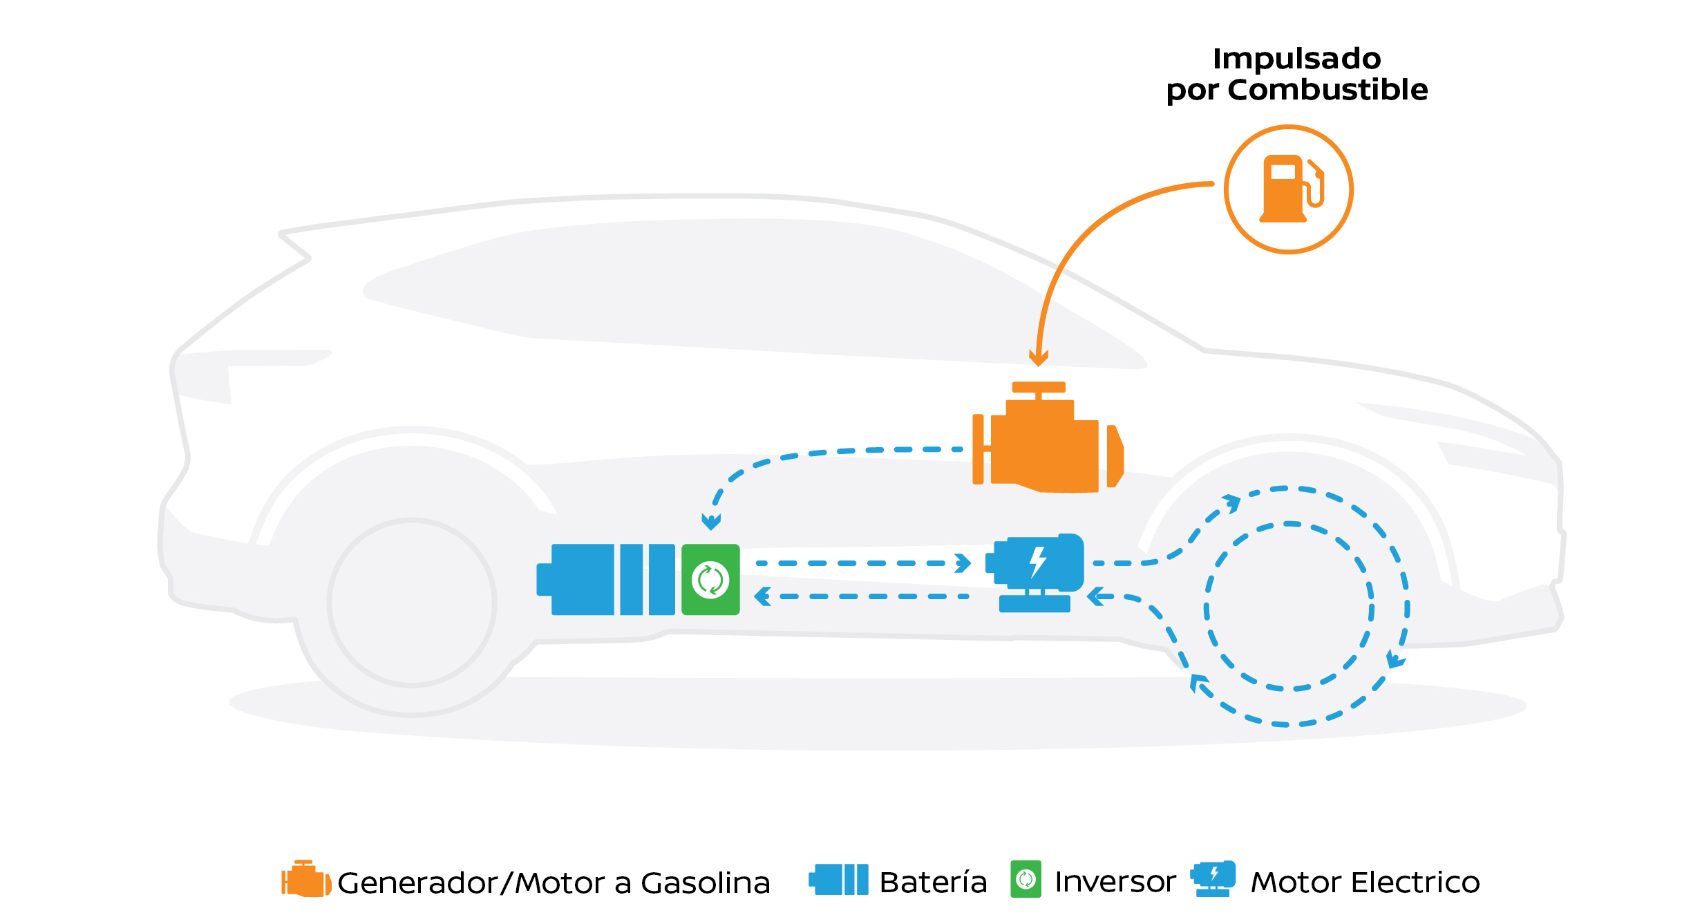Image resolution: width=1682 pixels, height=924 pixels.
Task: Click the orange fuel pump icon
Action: pos(1288,189)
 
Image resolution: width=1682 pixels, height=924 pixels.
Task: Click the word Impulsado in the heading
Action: pos(1296,59)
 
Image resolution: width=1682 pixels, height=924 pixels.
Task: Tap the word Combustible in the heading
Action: pos(1327,90)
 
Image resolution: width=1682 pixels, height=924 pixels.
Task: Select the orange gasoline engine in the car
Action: pos(1048,442)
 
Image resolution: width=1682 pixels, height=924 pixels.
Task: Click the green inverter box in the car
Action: pos(710,579)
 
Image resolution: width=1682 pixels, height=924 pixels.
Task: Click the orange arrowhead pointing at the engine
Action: pos(1038,357)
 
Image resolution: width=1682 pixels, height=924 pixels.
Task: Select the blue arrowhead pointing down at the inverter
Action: pos(711,521)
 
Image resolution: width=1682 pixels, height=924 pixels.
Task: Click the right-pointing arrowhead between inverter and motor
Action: pos(963,563)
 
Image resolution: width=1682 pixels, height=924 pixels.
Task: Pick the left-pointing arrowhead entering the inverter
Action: pos(763,596)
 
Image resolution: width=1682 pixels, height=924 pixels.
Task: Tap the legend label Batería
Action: pos(933,883)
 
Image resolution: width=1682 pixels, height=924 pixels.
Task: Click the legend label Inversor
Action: pos(1115,882)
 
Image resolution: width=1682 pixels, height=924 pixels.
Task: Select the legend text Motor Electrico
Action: pos(1365,883)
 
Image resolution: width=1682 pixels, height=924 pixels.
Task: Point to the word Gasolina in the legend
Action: pos(705,883)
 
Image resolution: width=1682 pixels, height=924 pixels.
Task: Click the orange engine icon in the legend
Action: pos(305,879)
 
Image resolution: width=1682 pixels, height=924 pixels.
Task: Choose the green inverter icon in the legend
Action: pos(1026,879)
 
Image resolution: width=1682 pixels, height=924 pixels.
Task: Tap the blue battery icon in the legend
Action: pos(839,879)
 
